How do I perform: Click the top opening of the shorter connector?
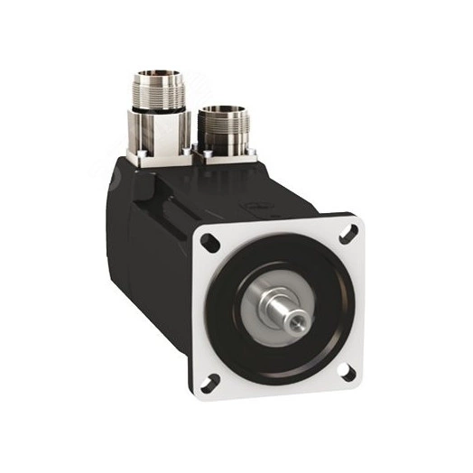click(x=221, y=113)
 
